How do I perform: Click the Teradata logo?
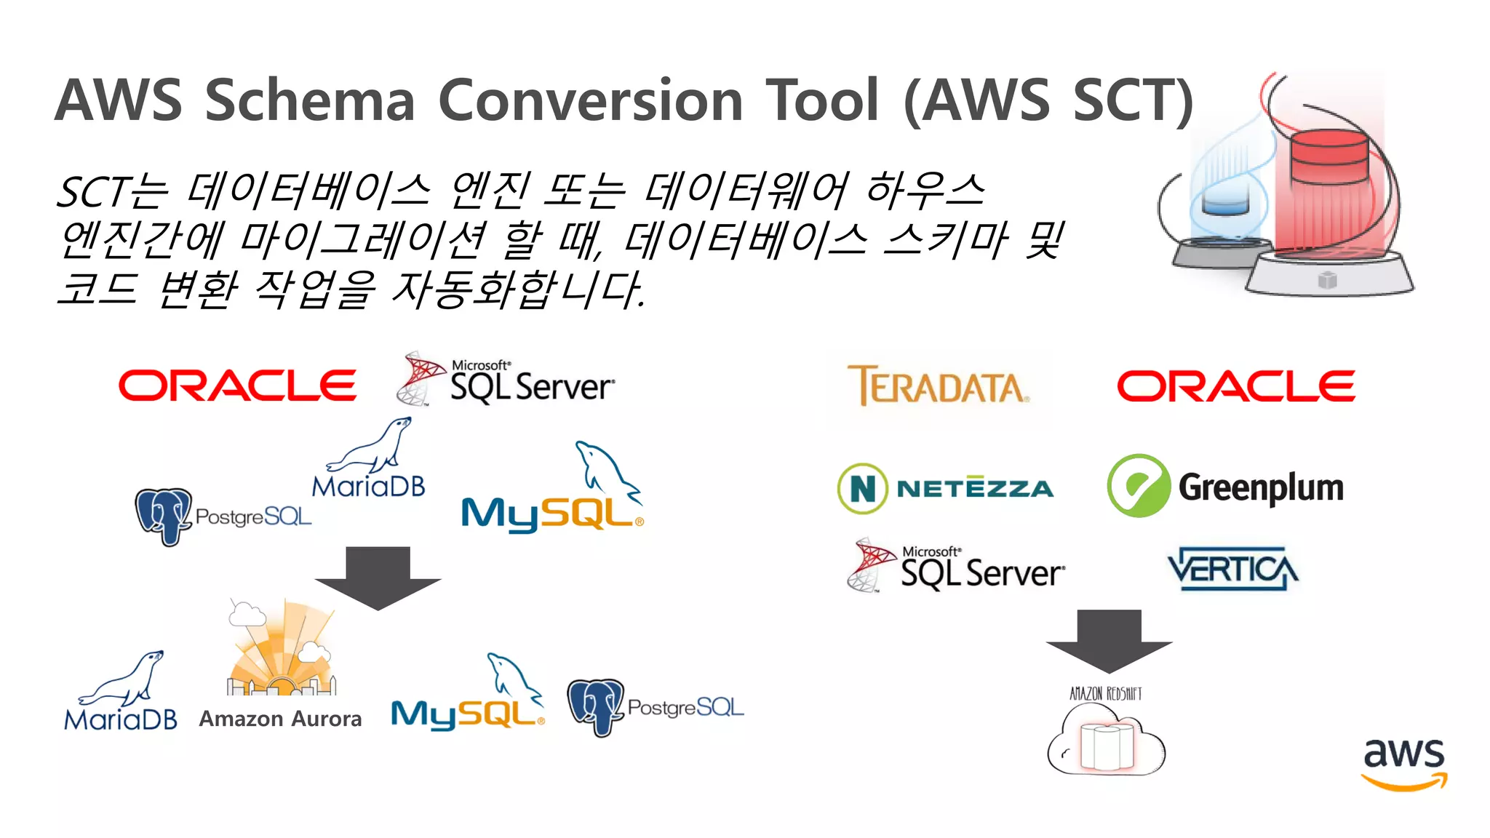(x=939, y=386)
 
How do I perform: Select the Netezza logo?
(x=946, y=488)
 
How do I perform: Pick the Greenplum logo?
(x=1225, y=487)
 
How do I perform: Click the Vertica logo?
(x=1232, y=569)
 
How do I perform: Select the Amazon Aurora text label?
(x=280, y=719)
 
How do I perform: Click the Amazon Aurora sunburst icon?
(x=282, y=651)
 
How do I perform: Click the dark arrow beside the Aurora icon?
(x=378, y=578)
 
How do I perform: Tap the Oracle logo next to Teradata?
(x=1236, y=386)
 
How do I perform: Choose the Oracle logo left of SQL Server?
(x=237, y=386)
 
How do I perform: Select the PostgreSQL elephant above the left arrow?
(x=164, y=516)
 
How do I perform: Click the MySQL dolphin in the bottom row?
(x=514, y=677)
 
